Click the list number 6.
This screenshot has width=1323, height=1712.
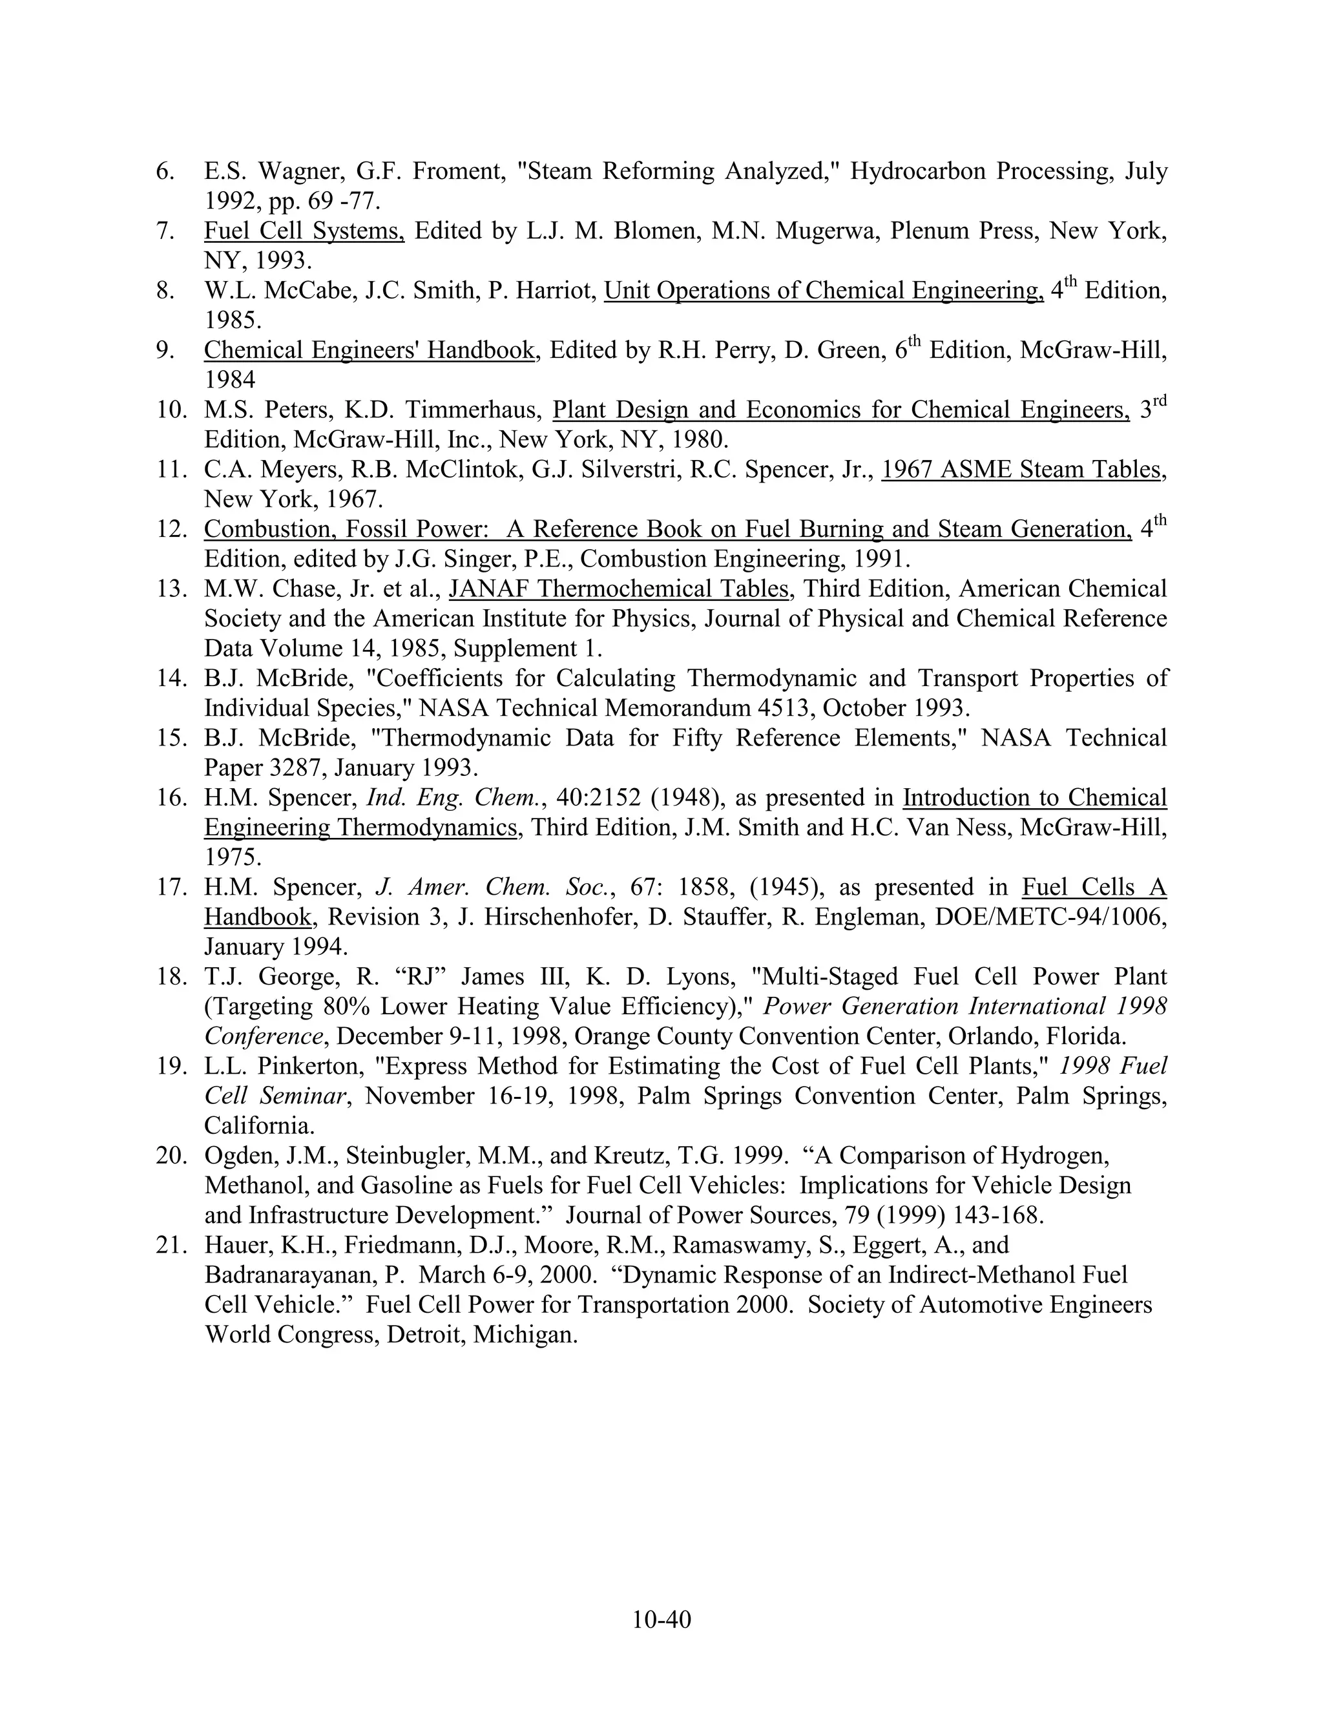165,171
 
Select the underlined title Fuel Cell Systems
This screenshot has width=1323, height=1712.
304,231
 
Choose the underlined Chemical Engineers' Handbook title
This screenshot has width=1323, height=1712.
370,350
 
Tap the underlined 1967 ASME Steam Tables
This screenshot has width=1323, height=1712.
1021,470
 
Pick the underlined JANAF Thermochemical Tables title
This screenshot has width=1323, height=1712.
618,589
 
